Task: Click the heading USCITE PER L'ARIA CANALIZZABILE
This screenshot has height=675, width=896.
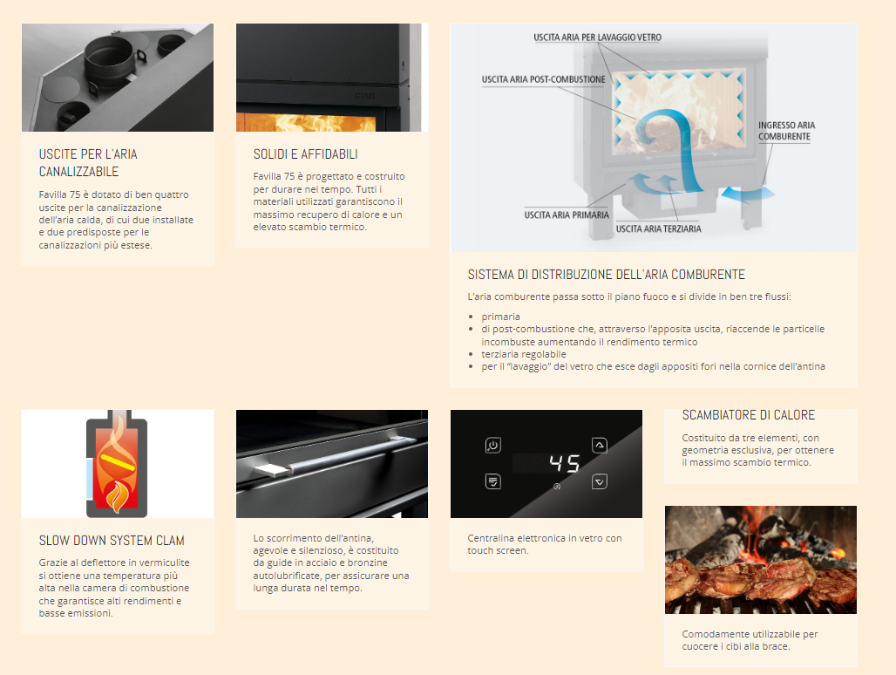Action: click(x=88, y=163)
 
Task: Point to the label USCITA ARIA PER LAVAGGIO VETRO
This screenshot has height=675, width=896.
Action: click(x=597, y=37)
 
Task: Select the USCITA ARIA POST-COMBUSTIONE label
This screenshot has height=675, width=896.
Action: click(x=543, y=79)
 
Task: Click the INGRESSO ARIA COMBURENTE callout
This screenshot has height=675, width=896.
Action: click(x=786, y=131)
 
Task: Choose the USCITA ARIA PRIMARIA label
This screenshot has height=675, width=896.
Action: click(x=567, y=215)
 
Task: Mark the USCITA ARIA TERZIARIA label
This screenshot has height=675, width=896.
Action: click(x=658, y=228)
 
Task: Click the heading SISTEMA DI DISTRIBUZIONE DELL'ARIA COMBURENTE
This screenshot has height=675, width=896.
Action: click(x=607, y=275)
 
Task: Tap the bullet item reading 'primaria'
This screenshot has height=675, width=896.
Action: click(x=500, y=317)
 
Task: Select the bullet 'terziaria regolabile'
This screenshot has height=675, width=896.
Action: click(x=524, y=354)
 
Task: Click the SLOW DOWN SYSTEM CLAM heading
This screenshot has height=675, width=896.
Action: click(x=112, y=541)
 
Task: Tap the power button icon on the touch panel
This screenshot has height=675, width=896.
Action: click(x=493, y=446)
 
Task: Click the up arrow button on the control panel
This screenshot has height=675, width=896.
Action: click(x=600, y=445)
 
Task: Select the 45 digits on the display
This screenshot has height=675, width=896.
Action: click(x=565, y=463)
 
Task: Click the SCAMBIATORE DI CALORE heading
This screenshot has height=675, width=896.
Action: click(x=749, y=415)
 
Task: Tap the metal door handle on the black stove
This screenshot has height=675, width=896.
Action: click(x=335, y=457)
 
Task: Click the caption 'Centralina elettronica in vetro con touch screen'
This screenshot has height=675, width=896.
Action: click(x=545, y=544)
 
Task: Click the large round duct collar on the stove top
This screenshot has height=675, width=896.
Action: click(x=109, y=60)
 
